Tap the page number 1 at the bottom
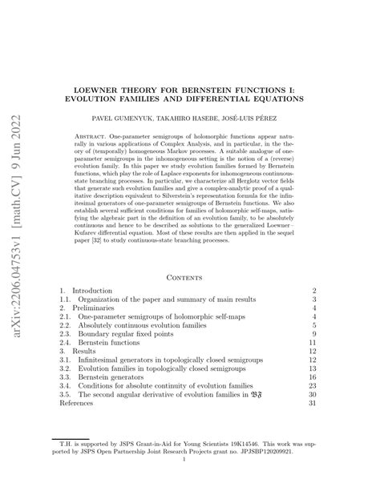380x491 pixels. click(189, 481)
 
